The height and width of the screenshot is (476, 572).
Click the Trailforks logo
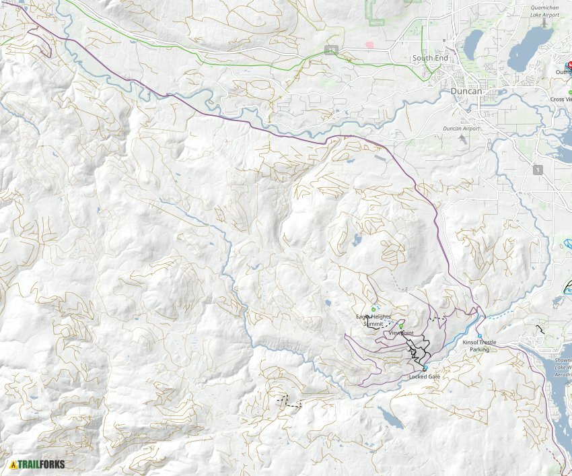coord(38,464)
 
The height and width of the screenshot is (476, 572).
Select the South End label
coord(430,59)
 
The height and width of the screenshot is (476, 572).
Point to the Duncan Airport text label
coord(461,128)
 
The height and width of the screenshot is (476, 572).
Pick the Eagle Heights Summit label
coord(373,320)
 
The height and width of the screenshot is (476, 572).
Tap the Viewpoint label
coord(401,333)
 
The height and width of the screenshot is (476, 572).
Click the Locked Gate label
coord(424,376)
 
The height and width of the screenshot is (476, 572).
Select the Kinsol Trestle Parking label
coord(480,346)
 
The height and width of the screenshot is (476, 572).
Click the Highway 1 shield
coord(538,170)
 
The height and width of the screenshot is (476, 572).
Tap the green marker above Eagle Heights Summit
coord(373,309)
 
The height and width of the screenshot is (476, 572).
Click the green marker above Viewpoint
coord(401,326)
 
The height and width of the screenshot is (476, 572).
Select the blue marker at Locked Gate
coord(425,368)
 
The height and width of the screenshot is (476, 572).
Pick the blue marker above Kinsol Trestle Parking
coord(480,336)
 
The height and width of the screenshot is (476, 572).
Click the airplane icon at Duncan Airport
coord(462,138)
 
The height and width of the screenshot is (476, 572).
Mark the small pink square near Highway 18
coord(369,45)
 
